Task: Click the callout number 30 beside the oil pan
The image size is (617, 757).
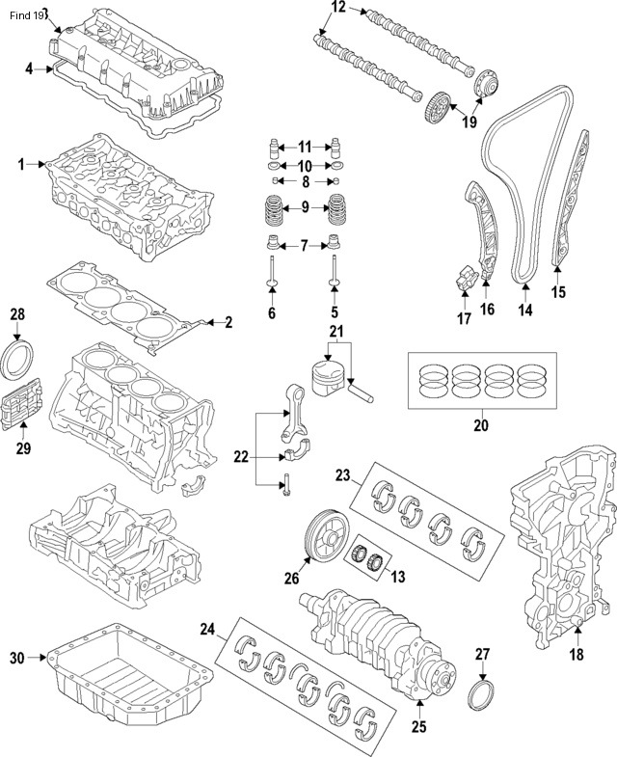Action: (x=15, y=658)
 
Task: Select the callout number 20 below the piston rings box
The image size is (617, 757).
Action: (x=482, y=425)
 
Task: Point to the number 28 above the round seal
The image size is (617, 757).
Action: (x=18, y=314)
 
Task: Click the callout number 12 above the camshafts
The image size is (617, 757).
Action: (x=337, y=8)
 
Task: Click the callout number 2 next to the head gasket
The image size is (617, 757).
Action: (x=228, y=321)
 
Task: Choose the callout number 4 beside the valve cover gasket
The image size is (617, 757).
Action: (x=29, y=68)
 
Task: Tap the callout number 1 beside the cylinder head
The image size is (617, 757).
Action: (x=20, y=165)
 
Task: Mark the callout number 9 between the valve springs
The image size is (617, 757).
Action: (x=305, y=206)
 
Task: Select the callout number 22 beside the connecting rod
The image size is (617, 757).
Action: (x=241, y=455)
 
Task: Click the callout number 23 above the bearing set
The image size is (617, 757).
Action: (x=342, y=473)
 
